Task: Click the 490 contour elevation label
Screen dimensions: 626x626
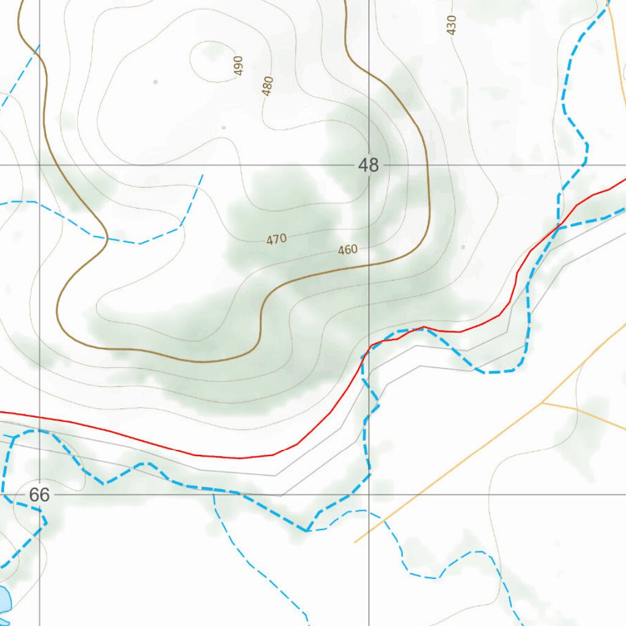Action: tap(238, 65)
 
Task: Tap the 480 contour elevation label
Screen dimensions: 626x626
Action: tap(267, 86)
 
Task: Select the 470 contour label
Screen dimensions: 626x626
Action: tap(276, 240)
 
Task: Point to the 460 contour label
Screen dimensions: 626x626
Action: tap(347, 249)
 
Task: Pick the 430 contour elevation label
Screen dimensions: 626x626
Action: tap(451, 25)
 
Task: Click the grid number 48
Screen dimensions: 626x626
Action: tap(369, 165)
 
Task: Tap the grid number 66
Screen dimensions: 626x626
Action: tap(39, 495)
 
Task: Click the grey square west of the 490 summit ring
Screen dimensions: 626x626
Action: tap(155, 81)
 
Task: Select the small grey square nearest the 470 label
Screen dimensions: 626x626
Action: tap(224, 127)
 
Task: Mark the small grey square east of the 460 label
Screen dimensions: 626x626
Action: tap(463, 247)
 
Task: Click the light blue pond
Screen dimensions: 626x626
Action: tap(4, 599)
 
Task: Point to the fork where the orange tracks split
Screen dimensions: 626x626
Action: tap(542, 403)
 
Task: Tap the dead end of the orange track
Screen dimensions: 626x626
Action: tap(355, 542)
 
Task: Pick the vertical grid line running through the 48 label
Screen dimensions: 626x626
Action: tap(369, 92)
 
